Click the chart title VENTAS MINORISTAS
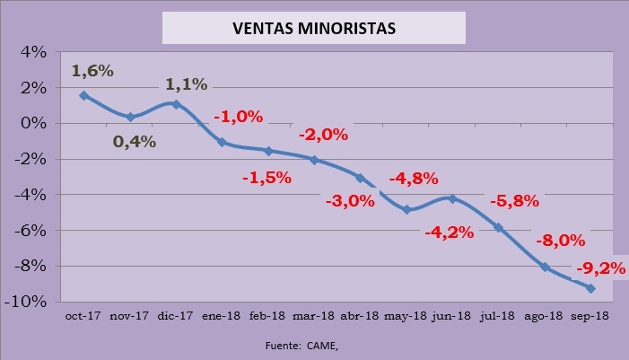pos(314,28)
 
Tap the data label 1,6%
pos(93,70)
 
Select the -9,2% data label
pos(593,267)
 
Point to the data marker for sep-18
pos(590,288)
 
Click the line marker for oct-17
pos(83,95)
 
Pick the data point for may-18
pos(406,210)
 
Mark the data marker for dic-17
pos(176,104)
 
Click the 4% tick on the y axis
pos(32,52)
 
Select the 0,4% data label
pos(135,141)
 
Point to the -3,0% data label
pos(347,201)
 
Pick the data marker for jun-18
pos(452,198)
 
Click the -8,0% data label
pos(560,240)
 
